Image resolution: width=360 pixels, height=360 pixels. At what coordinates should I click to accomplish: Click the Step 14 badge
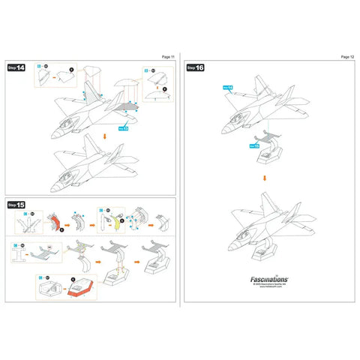pyautogui.click(x=16, y=67)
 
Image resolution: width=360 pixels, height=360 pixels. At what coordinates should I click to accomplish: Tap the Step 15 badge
pyautogui.click(x=16, y=204)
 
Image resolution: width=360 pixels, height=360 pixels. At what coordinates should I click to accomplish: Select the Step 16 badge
pyautogui.click(x=196, y=67)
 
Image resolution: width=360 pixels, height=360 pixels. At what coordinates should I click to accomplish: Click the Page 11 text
pyautogui.click(x=167, y=56)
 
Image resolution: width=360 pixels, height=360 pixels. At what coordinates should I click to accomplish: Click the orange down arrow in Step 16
pyautogui.click(x=263, y=178)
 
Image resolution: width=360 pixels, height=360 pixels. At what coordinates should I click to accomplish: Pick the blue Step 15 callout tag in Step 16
pyautogui.click(x=254, y=145)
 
